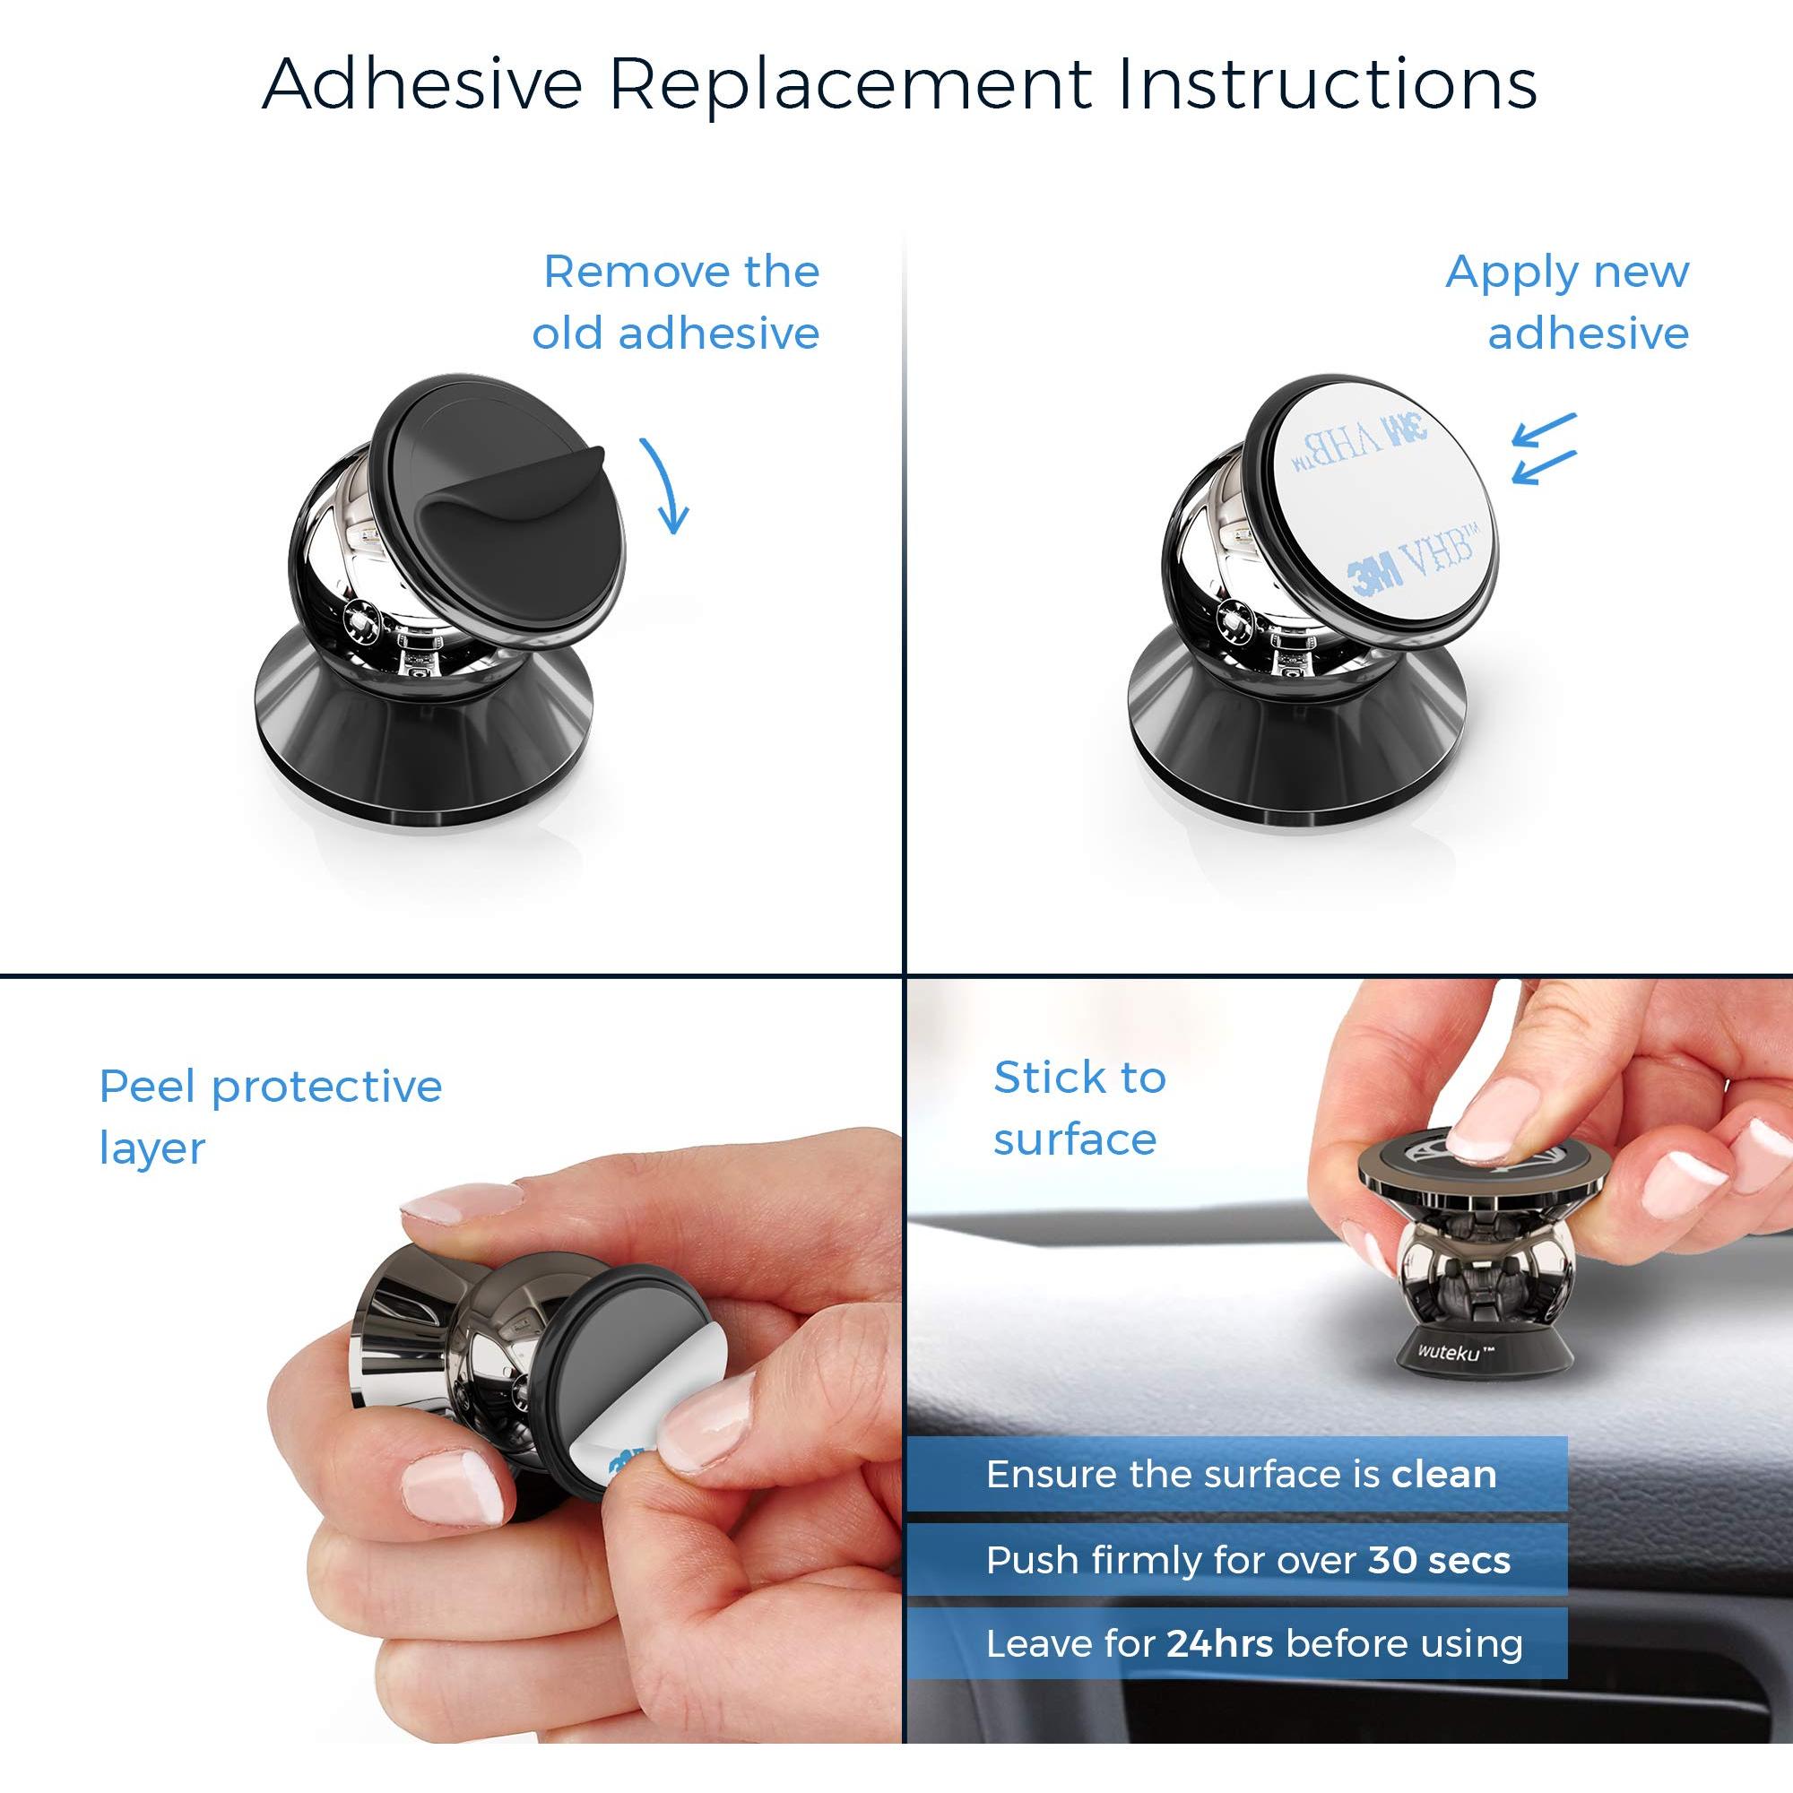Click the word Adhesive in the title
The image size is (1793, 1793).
(423, 83)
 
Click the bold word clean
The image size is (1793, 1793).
(1444, 1475)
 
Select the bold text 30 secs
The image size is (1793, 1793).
(1439, 1560)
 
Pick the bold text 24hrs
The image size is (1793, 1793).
(1219, 1643)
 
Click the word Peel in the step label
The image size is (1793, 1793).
(150, 1087)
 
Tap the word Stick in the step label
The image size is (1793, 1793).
(1051, 1078)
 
